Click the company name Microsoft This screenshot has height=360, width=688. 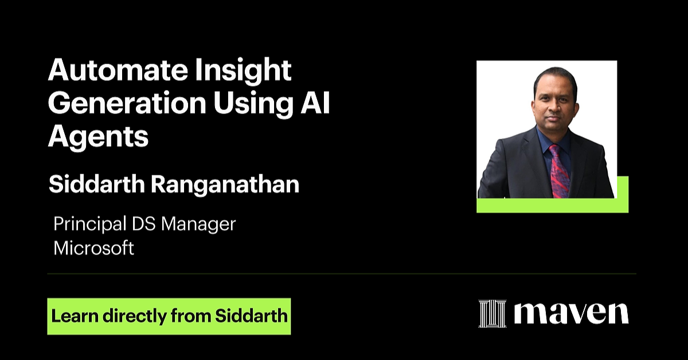pyautogui.click(x=93, y=248)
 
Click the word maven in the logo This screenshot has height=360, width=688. pyautogui.click(x=571, y=313)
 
